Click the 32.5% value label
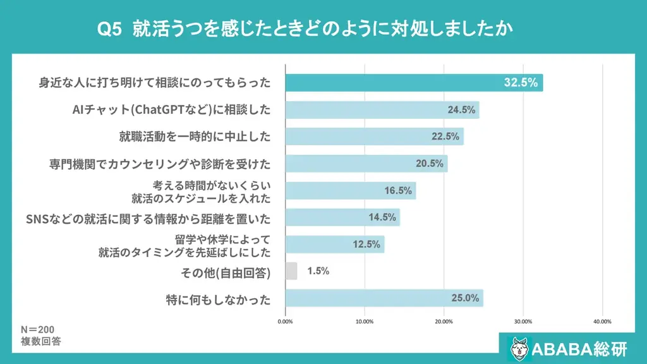coord(521,83)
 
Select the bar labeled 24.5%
coord(382,110)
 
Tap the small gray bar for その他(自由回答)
coord(291,271)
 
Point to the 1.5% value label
coord(318,271)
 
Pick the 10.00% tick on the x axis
coord(365,322)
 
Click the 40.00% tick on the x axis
coord(602,322)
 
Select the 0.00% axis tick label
coord(286,322)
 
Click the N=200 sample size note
coord(38,330)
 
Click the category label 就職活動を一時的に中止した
coord(195,136)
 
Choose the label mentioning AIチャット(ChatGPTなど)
coord(171,110)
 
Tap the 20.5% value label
coord(429,164)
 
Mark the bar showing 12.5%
coord(335,245)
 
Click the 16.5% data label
coord(398,190)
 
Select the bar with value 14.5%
coord(342,217)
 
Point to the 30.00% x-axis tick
coord(523,322)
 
